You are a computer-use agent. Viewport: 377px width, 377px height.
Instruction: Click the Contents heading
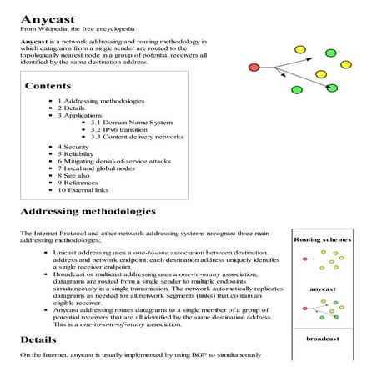click(x=48, y=85)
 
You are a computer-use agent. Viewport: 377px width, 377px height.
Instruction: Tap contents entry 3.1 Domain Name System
click(x=137, y=123)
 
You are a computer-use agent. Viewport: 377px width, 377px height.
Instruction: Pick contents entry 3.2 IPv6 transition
click(x=123, y=130)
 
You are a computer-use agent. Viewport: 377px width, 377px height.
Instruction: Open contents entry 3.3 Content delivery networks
click(x=143, y=138)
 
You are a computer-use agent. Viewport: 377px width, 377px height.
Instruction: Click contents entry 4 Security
click(x=76, y=147)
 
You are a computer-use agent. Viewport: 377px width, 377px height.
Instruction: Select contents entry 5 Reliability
click(x=79, y=154)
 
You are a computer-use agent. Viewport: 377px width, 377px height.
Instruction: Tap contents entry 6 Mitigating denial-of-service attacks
click(x=116, y=161)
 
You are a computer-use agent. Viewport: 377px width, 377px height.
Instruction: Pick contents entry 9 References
click(x=81, y=183)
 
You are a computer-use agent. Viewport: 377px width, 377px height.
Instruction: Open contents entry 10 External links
click(x=87, y=190)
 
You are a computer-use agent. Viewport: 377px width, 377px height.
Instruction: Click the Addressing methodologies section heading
click(x=88, y=212)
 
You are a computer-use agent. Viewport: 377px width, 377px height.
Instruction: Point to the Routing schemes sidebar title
click(x=323, y=239)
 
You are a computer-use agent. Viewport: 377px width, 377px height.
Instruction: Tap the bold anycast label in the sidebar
click(x=323, y=289)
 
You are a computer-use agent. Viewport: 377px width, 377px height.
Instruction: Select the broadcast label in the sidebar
click(x=323, y=339)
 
